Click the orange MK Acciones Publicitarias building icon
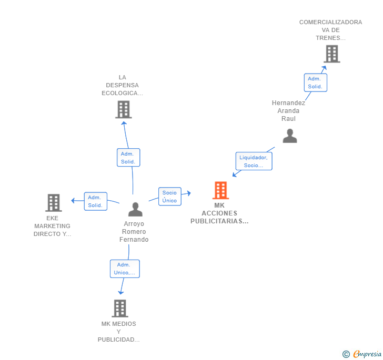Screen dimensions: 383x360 coord(220,190)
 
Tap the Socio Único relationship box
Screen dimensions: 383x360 coord(170,197)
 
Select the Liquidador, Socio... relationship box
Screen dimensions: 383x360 coord(254,161)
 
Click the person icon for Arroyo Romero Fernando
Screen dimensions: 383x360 coord(135,209)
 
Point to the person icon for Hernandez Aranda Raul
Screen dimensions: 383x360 coord(290,136)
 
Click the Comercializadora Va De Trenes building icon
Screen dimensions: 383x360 coord(332,54)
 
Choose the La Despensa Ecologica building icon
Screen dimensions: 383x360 coord(124,110)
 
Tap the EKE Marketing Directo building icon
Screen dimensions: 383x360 coord(54,203)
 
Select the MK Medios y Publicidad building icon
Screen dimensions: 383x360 coord(120,308)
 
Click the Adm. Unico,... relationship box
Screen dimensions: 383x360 coord(125,269)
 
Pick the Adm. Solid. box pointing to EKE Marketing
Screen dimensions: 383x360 coord(96,201)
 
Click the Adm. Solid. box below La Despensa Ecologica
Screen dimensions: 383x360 coord(128,158)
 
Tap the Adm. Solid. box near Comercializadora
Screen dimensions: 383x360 coord(315,83)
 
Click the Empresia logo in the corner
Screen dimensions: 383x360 coord(362,354)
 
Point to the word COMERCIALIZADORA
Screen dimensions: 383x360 coord(331,22)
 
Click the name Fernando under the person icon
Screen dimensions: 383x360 coord(134,240)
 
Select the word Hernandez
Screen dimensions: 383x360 coord(288,103)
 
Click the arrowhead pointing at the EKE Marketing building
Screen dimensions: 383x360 coord(73,201)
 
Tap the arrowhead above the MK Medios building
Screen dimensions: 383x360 coord(120,292)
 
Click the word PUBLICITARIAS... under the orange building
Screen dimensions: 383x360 coord(219,221)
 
